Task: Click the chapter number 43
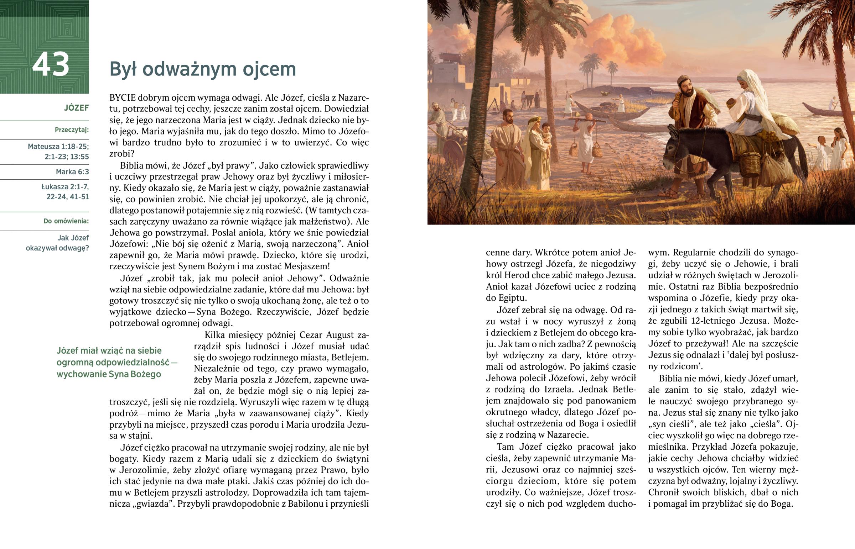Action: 51,65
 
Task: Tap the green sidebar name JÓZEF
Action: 76,108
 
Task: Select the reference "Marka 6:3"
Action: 72,172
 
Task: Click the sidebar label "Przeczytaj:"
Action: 72,130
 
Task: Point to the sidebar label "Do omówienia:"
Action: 66,221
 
